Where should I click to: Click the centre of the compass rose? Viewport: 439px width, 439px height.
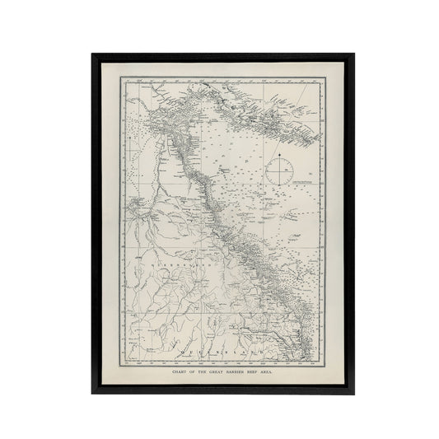[280, 171]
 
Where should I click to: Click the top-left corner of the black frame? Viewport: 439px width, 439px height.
[93, 55]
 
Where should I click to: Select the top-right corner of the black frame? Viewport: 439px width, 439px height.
[354, 55]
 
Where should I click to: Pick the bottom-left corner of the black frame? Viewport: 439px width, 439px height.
[93, 392]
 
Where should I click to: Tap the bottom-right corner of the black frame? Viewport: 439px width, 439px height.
[354, 392]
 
